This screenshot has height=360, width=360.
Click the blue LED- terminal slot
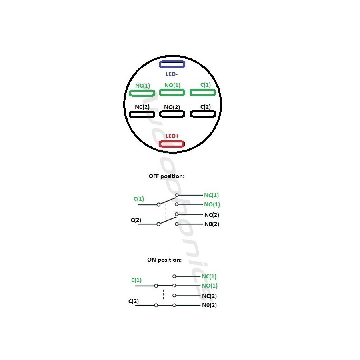tap(172, 61)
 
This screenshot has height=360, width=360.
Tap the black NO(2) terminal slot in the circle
tap(172, 111)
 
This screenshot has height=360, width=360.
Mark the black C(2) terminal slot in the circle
tap(203, 111)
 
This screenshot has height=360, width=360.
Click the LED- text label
tap(172, 74)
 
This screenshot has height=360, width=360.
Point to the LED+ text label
tap(172, 136)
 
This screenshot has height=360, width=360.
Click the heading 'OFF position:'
tap(166, 176)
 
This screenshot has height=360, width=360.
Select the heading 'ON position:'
tap(164, 260)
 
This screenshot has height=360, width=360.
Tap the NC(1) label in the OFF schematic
tap(211, 195)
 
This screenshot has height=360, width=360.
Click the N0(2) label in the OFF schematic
tap(212, 224)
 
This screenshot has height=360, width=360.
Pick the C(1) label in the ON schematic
tap(136, 280)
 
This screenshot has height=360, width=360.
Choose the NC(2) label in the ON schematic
tap(209, 296)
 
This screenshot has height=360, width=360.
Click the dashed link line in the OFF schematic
tap(166, 211)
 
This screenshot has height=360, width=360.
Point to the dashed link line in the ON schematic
tap(164, 294)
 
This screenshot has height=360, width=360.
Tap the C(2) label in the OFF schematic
tap(136, 220)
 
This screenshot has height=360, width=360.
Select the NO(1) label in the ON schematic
tap(209, 286)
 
